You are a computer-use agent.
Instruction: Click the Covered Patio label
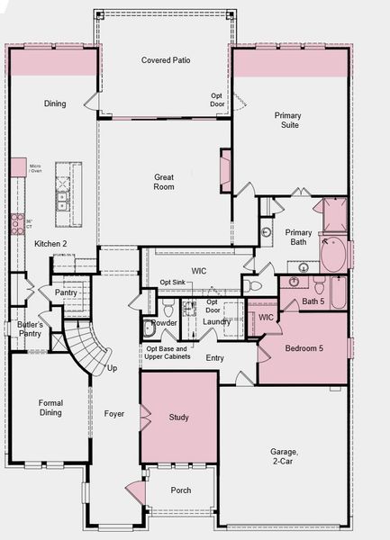pyautogui.click(x=166, y=60)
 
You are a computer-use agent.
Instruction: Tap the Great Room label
pyautogui.click(x=164, y=183)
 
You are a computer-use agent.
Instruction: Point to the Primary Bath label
pyautogui.click(x=299, y=237)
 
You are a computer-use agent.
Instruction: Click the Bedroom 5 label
pyautogui.click(x=304, y=347)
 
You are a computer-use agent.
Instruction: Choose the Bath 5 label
pyautogui.click(x=313, y=301)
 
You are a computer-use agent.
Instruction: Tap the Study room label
pyautogui.click(x=178, y=417)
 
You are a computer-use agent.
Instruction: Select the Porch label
pyautogui.click(x=180, y=490)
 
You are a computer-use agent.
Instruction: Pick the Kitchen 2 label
pyautogui.click(x=50, y=244)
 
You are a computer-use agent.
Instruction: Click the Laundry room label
pyautogui.click(x=217, y=321)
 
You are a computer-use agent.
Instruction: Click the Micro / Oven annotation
pyautogui.click(x=35, y=168)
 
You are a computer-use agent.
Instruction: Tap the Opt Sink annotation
pyautogui.click(x=173, y=283)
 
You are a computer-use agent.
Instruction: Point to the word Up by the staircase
pyautogui.click(x=112, y=368)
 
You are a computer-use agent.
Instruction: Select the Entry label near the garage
pyautogui.click(x=214, y=357)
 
